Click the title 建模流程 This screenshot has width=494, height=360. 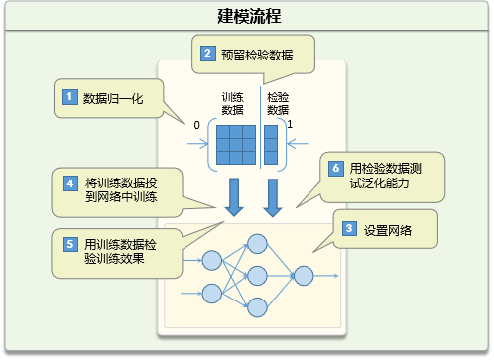tap(246, 16)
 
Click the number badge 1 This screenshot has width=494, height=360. tap(70, 97)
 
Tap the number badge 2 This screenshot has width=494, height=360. tap(207, 54)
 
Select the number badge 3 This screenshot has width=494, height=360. tap(349, 229)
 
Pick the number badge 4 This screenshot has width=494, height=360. tap(70, 183)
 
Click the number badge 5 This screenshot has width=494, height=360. tap(70, 243)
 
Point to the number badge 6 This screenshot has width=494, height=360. tap(336, 169)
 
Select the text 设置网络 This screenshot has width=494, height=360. tap(388, 230)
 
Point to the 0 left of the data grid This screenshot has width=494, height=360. tap(196, 125)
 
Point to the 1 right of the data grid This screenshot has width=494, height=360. tap(289, 125)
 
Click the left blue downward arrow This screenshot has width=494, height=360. tap(235, 196)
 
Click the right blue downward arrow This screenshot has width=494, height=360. tap(272, 196)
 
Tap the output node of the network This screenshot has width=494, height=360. tap(304, 275)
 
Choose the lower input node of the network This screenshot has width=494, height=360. tap(211, 292)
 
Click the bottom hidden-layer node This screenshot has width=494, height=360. tap(257, 306)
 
